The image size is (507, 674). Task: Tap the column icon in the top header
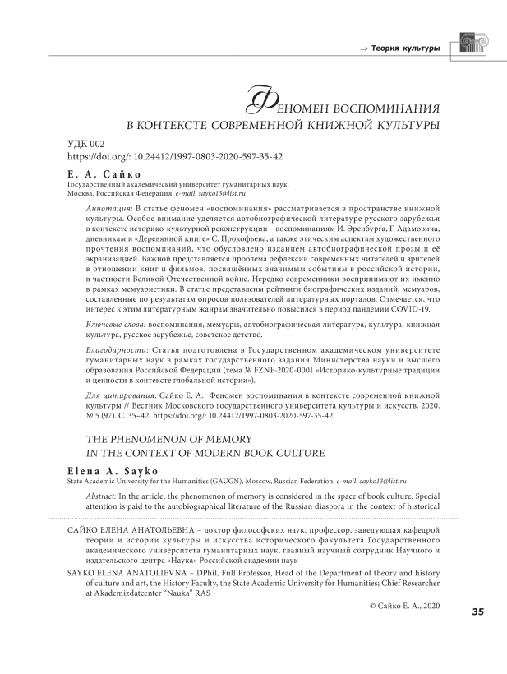(x=472, y=46)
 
